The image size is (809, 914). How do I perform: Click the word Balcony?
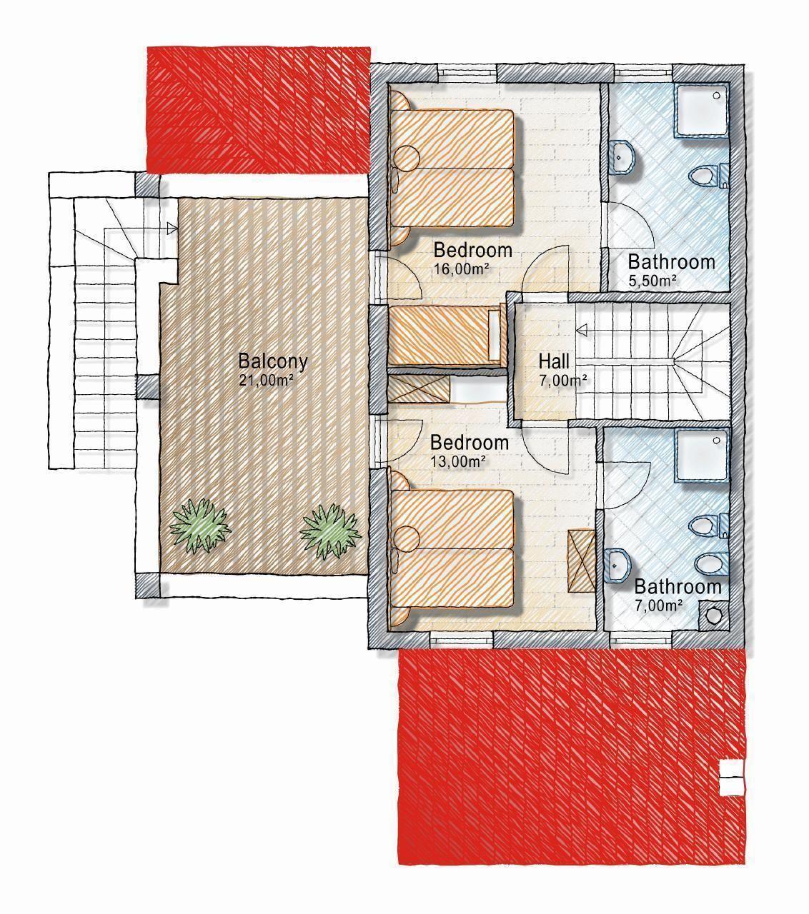(273, 361)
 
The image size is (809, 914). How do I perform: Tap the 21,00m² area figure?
(267, 381)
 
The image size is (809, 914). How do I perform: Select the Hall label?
(554, 361)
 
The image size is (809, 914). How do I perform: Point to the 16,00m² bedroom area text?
(462, 269)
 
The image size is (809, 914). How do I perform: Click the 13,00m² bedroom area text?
(458, 461)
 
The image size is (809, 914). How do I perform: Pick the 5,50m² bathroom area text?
(652, 281)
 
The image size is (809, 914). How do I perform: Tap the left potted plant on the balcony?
(200, 526)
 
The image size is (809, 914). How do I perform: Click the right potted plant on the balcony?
(330, 531)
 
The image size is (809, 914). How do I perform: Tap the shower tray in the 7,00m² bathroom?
(702, 455)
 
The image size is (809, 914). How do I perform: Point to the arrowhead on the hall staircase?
(582, 331)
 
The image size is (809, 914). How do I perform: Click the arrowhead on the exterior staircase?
(172, 228)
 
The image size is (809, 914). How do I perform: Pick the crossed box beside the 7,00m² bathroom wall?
(582, 561)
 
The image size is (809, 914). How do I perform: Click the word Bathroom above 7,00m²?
(678, 587)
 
